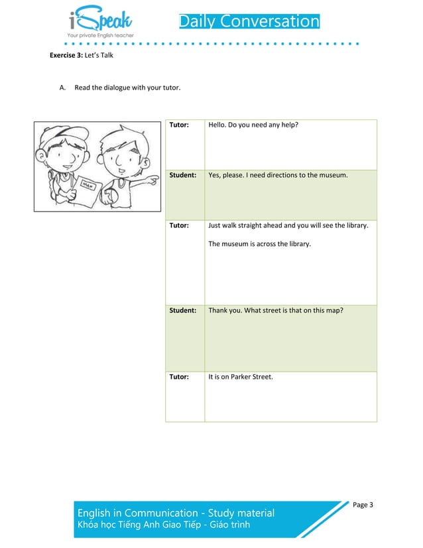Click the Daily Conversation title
(x=249, y=22)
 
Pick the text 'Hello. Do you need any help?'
(x=253, y=125)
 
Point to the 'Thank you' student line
(x=275, y=310)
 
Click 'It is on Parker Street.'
(x=240, y=377)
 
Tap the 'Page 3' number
(x=363, y=505)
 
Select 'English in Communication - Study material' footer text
(x=176, y=513)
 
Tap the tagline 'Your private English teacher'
(x=100, y=34)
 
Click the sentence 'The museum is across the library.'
(x=259, y=244)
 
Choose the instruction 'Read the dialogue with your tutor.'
(x=127, y=88)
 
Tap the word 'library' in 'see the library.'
(x=355, y=226)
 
